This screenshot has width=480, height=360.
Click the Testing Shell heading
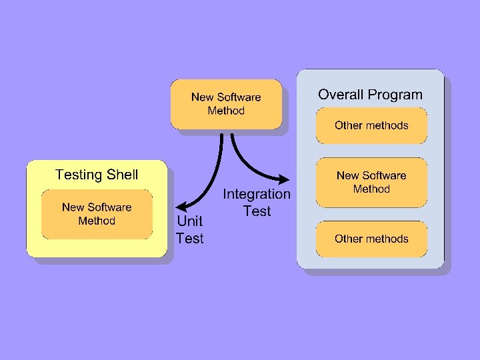click(97, 175)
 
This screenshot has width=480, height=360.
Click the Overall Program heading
click(370, 95)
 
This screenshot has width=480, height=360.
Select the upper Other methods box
click(371, 125)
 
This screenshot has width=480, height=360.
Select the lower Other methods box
click(371, 239)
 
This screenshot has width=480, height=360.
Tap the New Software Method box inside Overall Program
click(371, 182)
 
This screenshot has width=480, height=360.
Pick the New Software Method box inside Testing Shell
click(97, 214)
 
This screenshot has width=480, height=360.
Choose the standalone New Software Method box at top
click(226, 104)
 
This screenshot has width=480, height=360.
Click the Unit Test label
click(189, 229)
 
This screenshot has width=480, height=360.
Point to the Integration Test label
click(257, 203)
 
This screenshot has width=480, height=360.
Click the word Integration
click(257, 195)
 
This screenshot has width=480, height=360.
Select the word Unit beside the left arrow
click(189, 221)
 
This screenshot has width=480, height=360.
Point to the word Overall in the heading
click(341, 95)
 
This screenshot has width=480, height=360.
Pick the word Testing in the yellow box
click(77, 175)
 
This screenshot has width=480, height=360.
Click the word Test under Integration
click(257, 211)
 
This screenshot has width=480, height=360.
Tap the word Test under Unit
click(190, 239)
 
